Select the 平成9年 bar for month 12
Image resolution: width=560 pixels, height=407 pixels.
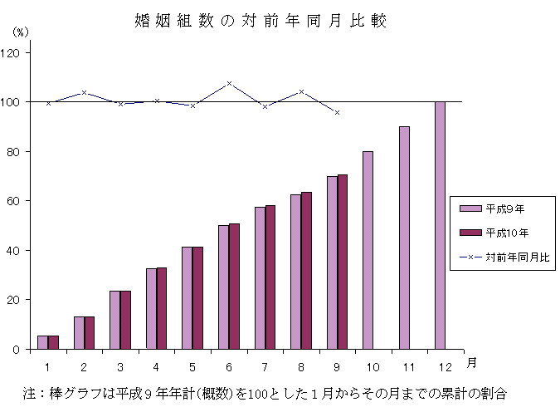tap(440, 225)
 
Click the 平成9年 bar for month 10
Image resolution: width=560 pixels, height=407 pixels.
tap(368, 250)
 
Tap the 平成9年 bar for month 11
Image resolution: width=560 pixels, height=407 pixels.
tap(404, 238)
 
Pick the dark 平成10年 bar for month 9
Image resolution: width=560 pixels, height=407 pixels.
tap(342, 262)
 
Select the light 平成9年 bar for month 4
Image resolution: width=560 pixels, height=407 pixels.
tap(151, 308)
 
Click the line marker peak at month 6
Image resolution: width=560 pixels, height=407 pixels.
tap(229, 84)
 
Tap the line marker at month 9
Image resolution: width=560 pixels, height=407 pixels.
tap(337, 112)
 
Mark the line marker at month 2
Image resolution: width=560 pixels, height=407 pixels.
tap(85, 93)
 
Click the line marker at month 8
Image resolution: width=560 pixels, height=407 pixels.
tap(301, 91)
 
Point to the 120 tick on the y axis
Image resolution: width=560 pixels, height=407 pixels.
tap(15, 52)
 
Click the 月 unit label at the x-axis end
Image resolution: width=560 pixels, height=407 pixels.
tap(470, 363)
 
